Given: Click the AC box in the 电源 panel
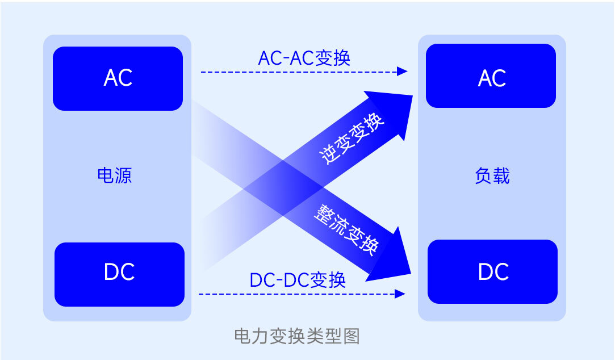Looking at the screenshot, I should [118, 78].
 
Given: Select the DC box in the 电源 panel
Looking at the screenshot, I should [119, 274].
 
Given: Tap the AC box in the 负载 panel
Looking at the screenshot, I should [491, 76].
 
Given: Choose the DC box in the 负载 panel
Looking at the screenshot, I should [492, 271].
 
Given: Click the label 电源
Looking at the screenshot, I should [114, 175].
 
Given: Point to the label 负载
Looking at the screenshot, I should [492, 176].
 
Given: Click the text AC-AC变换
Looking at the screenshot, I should [304, 58].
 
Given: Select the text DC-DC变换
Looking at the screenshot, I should [298, 280].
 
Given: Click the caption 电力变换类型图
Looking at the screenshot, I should [297, 336].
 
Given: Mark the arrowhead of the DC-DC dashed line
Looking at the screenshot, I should [400, 294].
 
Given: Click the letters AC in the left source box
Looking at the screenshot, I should [118, 78].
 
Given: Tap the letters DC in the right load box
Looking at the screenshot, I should [492, 272].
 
